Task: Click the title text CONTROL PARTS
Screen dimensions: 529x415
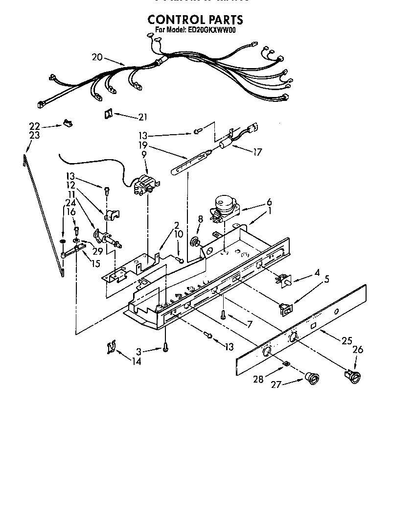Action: click(x=195, y=20)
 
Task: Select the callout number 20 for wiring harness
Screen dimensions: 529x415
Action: click(x=97, y=57)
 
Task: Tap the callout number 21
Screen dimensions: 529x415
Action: click(x=142, y=117)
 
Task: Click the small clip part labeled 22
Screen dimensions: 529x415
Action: click(x=67, y=122)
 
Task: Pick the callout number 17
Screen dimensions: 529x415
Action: click(x=257, y=152)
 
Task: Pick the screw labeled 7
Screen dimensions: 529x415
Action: click(x=223, y=315)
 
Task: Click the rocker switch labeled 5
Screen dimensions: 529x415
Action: click(x=285, y=308)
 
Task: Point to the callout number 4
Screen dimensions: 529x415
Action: click(x=317, y=272)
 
